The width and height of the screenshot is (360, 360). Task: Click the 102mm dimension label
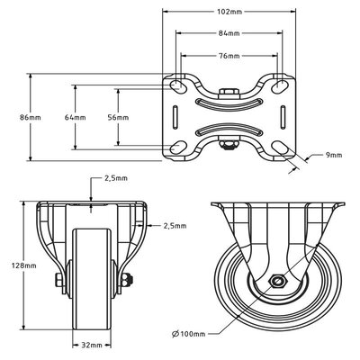(229, 12)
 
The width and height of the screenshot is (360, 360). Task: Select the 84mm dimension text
(229, 33)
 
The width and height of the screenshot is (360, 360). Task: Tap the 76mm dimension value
(229, 56)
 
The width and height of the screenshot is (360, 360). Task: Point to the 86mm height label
(31, 117)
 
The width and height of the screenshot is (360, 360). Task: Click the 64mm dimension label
(76, 117)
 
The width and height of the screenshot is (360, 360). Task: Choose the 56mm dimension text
(118, 117)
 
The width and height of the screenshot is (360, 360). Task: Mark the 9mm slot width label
(334, 155)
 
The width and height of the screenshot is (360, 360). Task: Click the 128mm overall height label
(24, 265)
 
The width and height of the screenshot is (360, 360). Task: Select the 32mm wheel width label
(92, 346)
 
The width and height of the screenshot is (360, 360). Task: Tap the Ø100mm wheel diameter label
(189, 334)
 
